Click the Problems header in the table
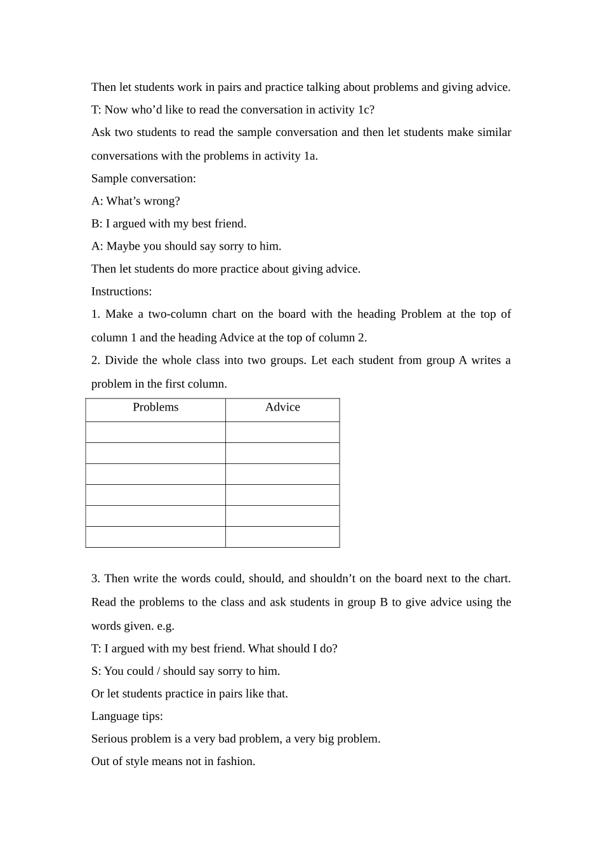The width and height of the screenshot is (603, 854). pyautogui.click(x=156, y=407)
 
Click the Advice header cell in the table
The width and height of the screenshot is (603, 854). pyautogui.click(x=282, y=407)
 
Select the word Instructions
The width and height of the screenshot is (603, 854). pyautogui.click(x=121, y=292)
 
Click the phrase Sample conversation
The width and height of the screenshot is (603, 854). pyautogui.click(x=143, y=179)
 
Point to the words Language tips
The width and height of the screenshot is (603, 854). pyautogui.click(x=127, y=716)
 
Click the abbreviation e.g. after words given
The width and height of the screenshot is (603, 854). pyautogui.click(x=165, y=626)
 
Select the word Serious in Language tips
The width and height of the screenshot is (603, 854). pyautogui.click(x=109, y=739)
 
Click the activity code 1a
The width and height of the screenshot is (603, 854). pyautogui.click(x=310, y=156)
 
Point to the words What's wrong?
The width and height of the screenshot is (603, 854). pyautogui.click(x=143, y=201)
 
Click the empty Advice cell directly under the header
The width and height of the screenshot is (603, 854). pyautogui.click(x=282, y=432)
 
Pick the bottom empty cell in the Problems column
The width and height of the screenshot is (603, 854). pyautogui.click(x=156, y=537)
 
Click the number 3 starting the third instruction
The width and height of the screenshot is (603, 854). pyautogui.click(x=95, y=579)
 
